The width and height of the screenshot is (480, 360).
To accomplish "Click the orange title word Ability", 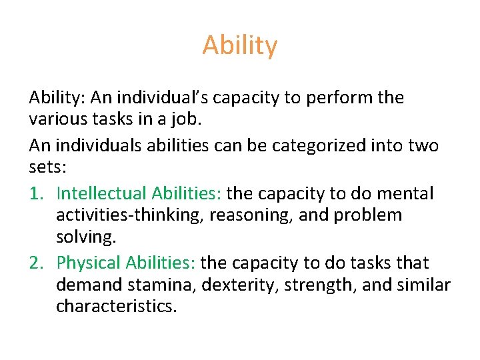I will tap(240, 46).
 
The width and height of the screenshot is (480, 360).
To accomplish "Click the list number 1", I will tap(37, 193).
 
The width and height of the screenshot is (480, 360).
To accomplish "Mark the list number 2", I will tap(37, 263).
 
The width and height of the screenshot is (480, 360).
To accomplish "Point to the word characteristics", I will tap(117, 307).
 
